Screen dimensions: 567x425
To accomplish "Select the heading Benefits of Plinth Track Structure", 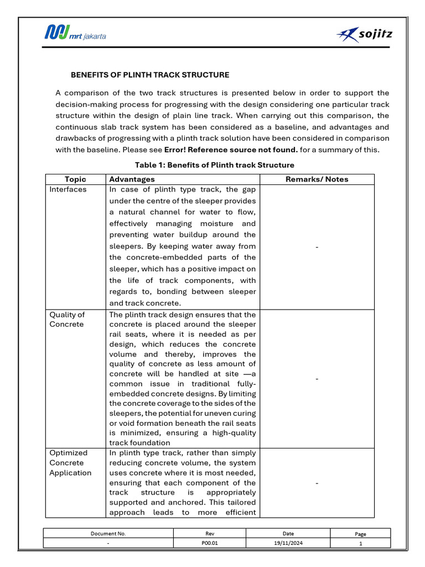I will (150, 75).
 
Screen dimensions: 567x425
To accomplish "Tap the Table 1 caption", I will (215, 165).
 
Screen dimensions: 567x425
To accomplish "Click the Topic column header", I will (75, 179).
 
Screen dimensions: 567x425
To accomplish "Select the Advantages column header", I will (132, 179).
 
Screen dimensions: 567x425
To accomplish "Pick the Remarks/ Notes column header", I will (317, 179).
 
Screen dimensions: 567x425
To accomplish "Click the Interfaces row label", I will (68, 189).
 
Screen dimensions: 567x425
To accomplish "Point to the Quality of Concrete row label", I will (67, 319).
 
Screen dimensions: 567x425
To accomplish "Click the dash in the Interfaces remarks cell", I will (317, 247).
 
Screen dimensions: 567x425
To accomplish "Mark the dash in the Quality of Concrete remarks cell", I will (317, 379).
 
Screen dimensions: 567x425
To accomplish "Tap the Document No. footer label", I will (108, 534).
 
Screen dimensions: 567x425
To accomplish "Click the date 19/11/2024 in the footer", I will (288, 544).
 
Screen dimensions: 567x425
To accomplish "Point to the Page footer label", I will (360, 534).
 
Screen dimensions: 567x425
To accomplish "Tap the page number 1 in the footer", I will (360, 544).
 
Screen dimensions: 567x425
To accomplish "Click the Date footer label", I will (288, 534).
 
